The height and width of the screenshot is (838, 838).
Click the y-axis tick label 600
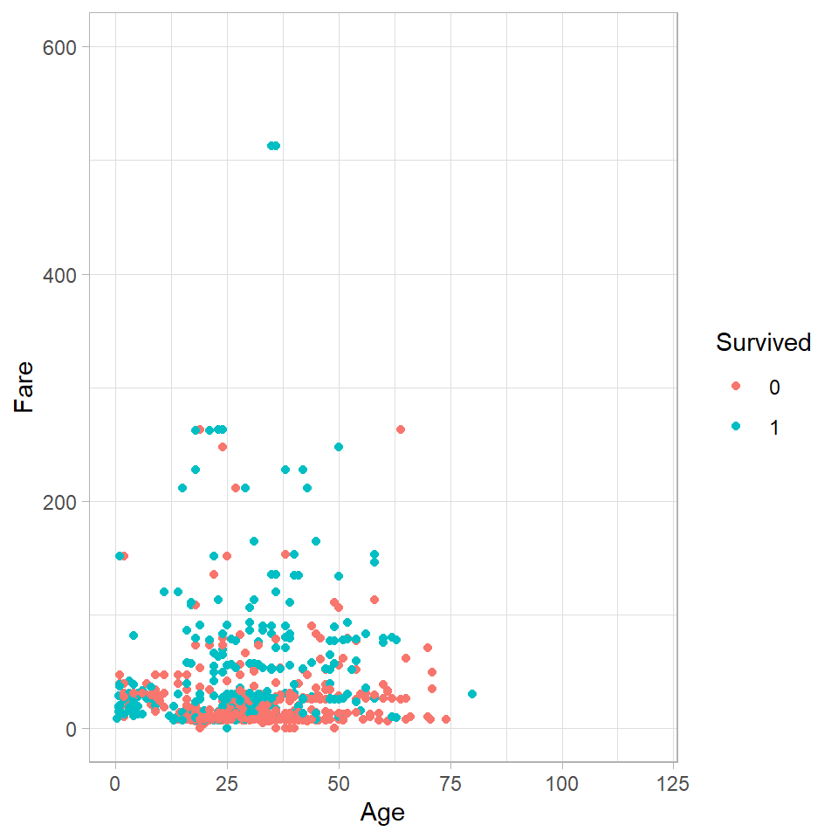tap(59, 47)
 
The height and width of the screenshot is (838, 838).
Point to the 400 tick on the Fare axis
tap(59, 275)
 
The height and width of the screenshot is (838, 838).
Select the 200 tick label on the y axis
tap(59, 502)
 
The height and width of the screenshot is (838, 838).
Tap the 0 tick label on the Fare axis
tap(70, 729)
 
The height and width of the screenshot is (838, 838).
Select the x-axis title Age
tap(382, 813)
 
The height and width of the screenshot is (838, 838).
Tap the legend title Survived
tap(764, 343)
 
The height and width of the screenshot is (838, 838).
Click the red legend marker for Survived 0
tap(736, 387)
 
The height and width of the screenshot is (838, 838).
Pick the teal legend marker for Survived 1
tap(736, 427)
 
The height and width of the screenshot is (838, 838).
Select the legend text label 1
tap(774, 427)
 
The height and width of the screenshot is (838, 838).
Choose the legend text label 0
tap(774, 387)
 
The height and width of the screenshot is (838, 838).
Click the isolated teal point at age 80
tap(472, 694)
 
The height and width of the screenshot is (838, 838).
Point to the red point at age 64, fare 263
tap(401, 429)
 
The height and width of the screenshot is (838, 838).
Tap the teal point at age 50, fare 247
tap(339, 447)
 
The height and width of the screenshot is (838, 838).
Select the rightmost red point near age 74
tap(446, 719)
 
